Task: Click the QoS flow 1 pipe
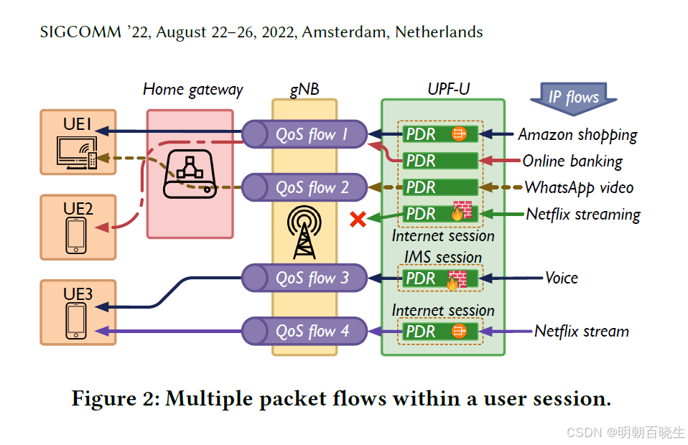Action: click(305, 134)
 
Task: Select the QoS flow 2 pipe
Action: click(305, 187)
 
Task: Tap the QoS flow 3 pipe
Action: click(305, 278)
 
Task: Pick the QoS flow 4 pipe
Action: click(305, 331)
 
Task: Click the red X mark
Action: click(357, 220)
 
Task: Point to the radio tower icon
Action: click(304, 233)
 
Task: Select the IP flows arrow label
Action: click(572, 97)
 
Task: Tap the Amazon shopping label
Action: click(577, 134)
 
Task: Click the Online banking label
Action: click(572, 161)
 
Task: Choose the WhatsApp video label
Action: click(579, 187)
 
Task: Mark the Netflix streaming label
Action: click(582, 214)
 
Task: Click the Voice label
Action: click(561, 278)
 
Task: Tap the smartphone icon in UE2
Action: click(76, 235)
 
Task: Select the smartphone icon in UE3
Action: click(76, 320)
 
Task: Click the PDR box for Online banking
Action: click(440, 161)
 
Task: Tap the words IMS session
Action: click(442, 257)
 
